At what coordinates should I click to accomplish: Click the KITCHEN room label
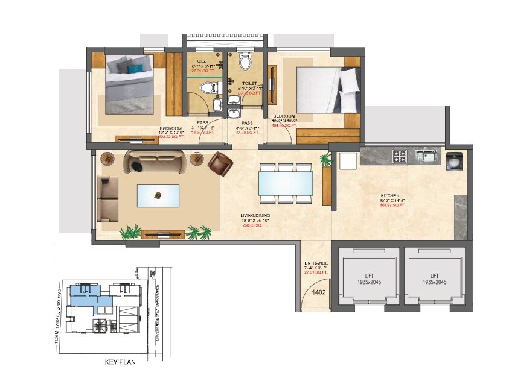pos(389,196)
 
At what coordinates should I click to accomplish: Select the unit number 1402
pos(319,292)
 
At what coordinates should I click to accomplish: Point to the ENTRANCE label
pos(316,263)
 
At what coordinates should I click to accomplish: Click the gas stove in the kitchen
pos(400,157)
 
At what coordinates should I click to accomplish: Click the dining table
pos(285,183)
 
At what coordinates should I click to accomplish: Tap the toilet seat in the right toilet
pos(245,62)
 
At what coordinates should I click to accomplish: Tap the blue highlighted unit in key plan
pos(91,295)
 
